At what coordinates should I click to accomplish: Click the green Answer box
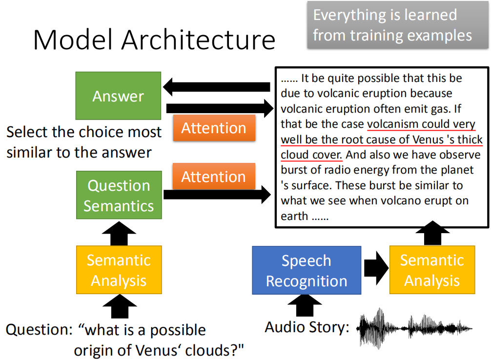(119, 96)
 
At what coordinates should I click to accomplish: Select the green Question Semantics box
(119, 195)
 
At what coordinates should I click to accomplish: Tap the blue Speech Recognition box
(307, 270)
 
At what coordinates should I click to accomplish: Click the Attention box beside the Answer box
(214, 128)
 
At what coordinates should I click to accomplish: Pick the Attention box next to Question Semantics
(214, 176)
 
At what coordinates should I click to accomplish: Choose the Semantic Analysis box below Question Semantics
(119, 270)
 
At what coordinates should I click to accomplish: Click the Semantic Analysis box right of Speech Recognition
(432, 270)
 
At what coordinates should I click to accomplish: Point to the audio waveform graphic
(414, 328)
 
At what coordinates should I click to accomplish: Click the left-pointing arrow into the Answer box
(217, 87)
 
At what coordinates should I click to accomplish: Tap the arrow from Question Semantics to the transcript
(217, 195)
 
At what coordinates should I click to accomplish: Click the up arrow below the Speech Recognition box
(305, 305)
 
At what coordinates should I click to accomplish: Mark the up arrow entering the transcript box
(432, 233)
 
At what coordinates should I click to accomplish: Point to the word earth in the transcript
(294, 216)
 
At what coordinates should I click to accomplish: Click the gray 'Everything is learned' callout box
(398, 25)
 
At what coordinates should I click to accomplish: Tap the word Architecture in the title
(199, 40)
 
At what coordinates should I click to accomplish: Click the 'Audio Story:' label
(307, 327)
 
